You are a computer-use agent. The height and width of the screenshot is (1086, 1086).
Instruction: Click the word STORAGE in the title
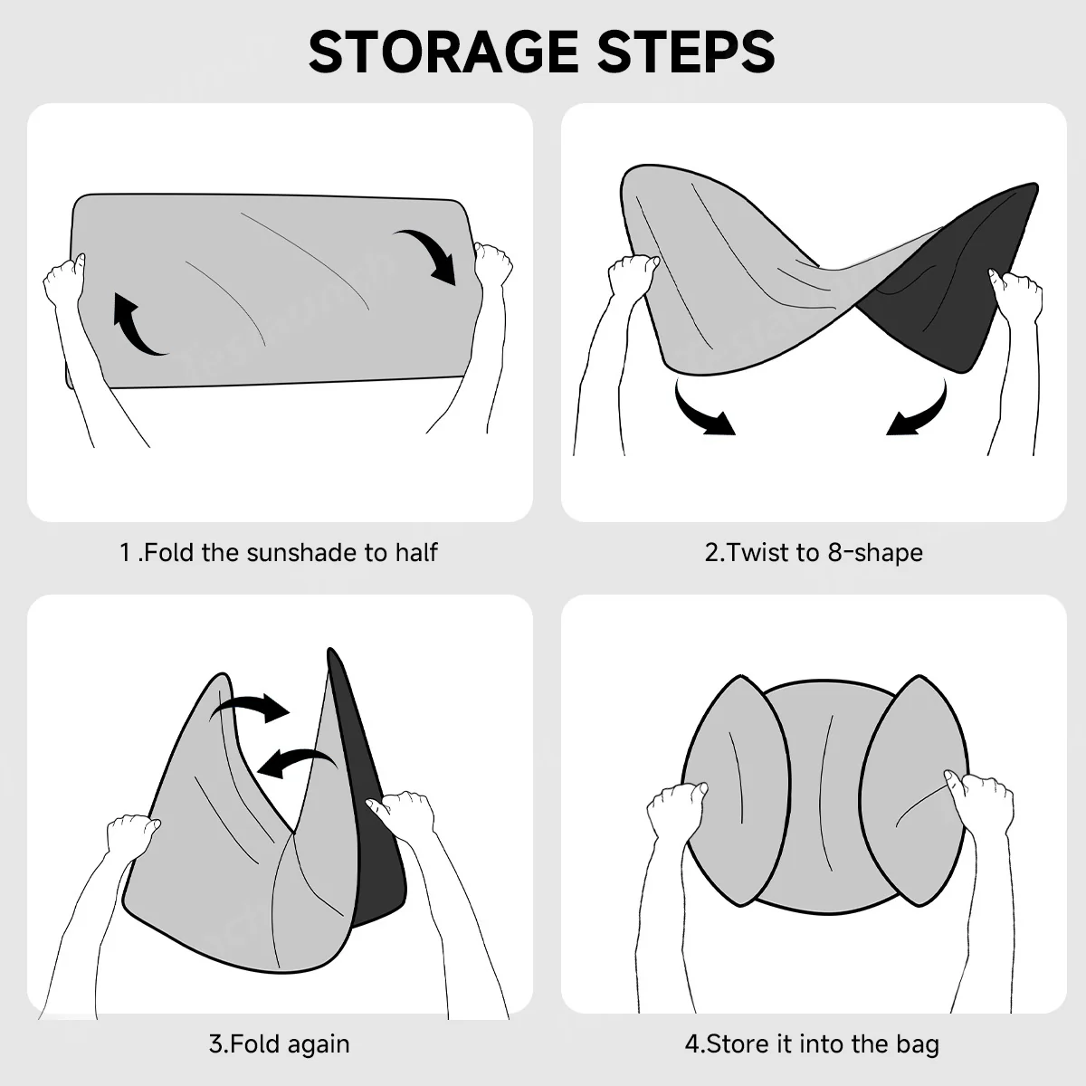[443, 52]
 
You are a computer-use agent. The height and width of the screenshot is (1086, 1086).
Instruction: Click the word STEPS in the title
[686, 52]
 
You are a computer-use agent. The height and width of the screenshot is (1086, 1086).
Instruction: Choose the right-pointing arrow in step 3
[250, 709]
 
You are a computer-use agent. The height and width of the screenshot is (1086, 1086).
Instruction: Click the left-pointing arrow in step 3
[296, 762]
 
